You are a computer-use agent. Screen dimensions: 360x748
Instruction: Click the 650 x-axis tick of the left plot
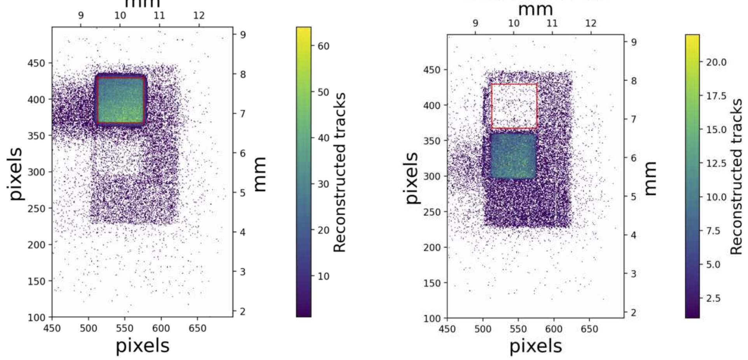point(197,329)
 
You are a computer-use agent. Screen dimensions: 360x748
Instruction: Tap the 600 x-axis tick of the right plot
point(554,329)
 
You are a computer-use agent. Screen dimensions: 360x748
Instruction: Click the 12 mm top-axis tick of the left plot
point(199,16)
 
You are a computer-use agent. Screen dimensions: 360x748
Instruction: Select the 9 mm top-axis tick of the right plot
point(475,23)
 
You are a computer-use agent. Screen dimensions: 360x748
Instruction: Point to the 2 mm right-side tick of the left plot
point(243,311)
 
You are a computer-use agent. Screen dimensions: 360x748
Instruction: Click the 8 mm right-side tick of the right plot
point(634,81)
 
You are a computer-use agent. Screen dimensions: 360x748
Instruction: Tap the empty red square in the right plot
point(514,106)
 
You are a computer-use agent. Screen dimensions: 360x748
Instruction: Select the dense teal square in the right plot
point(513,156)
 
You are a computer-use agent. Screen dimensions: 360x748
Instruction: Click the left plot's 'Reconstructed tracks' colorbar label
point(339,172)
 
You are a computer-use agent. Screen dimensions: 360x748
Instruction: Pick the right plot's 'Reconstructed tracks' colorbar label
point(736,176)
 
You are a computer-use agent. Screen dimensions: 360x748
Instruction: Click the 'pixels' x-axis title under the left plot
point(143,346)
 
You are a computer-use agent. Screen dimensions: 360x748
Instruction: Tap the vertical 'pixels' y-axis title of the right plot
point(412,178)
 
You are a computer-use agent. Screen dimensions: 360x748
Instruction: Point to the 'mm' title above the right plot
point(535,9)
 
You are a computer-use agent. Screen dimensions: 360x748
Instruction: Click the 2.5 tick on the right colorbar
point(713,299)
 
